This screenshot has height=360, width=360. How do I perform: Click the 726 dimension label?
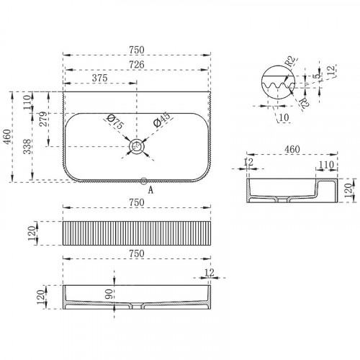point(137,65)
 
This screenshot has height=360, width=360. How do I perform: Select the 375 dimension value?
point(99,78)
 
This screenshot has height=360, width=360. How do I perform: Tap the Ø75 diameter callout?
point(115,122)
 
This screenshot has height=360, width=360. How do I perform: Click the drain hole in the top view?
point(137,146)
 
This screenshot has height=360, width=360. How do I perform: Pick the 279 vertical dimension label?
point(43,120)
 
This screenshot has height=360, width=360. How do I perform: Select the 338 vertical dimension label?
point(27,146)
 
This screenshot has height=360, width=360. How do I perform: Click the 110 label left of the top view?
point(27,102)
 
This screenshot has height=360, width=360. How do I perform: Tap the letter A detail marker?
point(150,190)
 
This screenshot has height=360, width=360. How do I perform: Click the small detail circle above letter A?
point(144,181)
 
